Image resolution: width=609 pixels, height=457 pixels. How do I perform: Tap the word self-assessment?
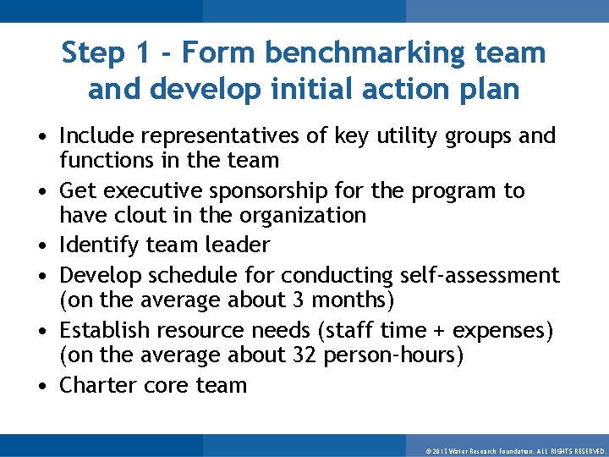point(480,275)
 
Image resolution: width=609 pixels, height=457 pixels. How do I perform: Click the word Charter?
point(100,385)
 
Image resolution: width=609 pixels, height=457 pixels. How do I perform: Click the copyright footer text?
point(515,450)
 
